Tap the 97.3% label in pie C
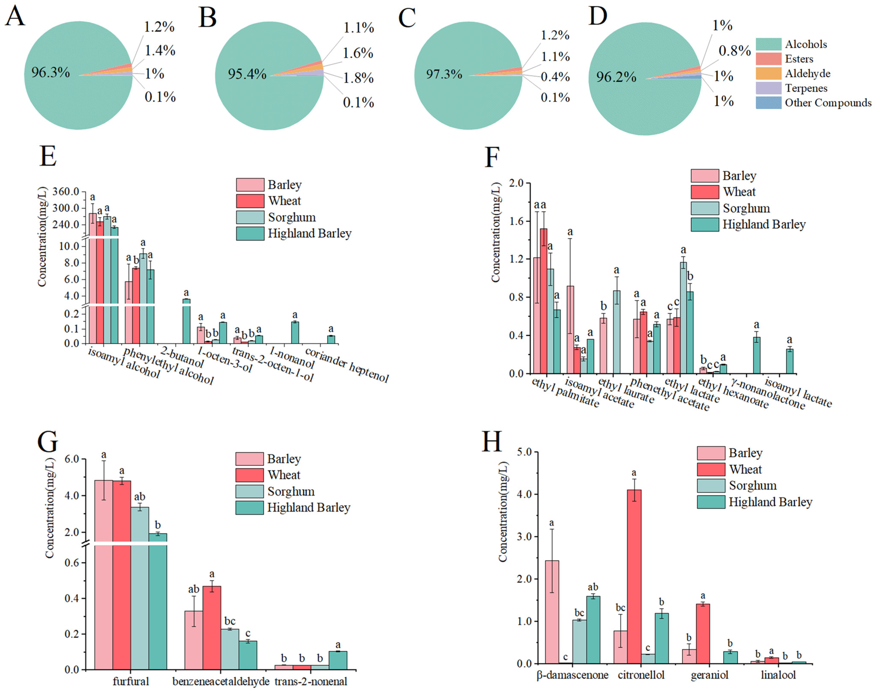point(444,74)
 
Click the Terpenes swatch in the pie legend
point(768,88)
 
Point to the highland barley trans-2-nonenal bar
point(338,660)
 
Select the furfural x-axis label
point(131,681)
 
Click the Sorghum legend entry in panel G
point(291,492)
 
